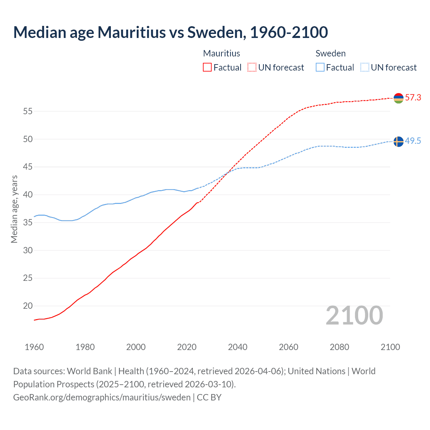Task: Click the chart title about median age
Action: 170,33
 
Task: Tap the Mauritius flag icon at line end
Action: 398,98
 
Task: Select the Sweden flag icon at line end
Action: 398,141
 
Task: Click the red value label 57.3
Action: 413,98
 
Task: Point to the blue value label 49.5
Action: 413,141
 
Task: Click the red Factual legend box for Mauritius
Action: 207,68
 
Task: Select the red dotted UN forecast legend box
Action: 252,68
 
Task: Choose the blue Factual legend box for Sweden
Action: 320,68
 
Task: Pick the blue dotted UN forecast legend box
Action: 365,68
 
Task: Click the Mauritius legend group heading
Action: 222,53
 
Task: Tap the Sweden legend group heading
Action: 331,53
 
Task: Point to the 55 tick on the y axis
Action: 28,111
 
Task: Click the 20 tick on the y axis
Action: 28,306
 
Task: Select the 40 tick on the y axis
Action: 28,195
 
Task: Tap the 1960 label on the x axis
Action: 34,347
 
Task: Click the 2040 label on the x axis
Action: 238,347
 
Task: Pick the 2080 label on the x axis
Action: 339,347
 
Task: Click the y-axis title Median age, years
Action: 14,209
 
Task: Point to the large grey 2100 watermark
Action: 354,315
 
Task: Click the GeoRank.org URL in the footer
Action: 102,397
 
